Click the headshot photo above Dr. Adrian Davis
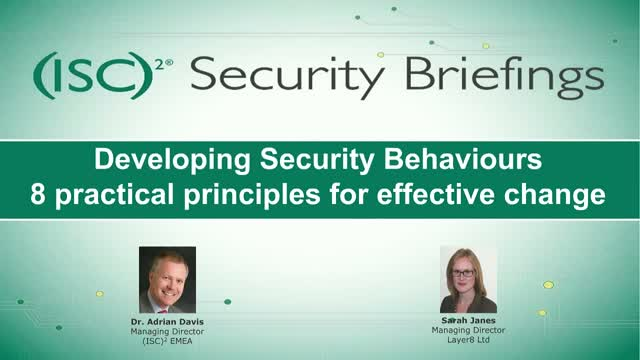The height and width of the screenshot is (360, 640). (167, 279)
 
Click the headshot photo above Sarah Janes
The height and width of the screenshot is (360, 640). (468, 279)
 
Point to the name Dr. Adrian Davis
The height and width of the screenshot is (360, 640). (167, 322)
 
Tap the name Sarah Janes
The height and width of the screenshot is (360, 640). (468, 322)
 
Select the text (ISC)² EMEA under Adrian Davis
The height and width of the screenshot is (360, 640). (167, 340)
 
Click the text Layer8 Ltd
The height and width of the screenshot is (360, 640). (468, 340)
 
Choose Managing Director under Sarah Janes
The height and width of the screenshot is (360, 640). (468, 331)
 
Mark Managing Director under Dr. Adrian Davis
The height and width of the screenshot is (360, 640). (167, 331)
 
